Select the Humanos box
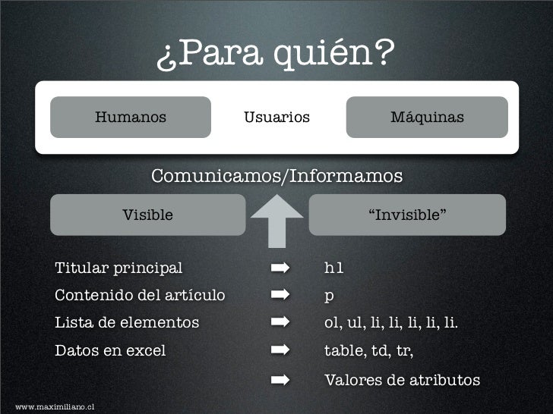[x=131, y=118]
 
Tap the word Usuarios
[x=276, y=118]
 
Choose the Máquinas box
[x=427, y=118]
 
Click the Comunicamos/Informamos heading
[x=276, y=177]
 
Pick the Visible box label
[x=148, y=215]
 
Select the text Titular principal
[x=118, y=268]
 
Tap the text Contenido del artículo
[x=140, y=294]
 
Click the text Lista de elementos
[x=127, y=323]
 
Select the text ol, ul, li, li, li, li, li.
[x=391, y=324]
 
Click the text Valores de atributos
[x=402, y=379]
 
